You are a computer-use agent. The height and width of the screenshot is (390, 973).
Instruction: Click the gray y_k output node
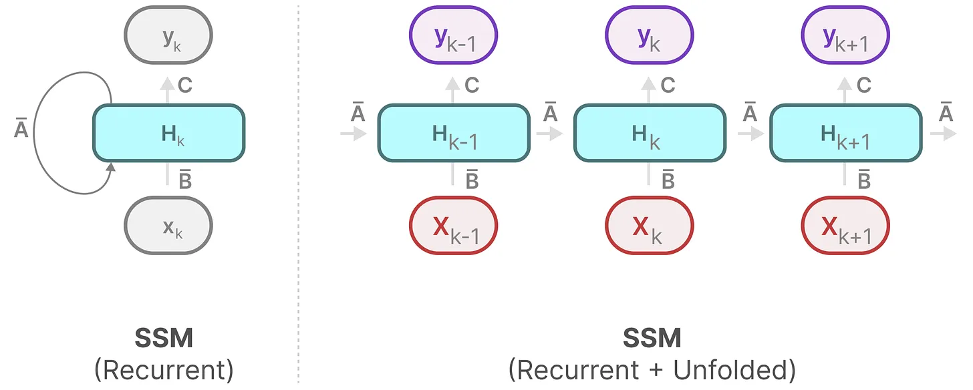tap(168, 37)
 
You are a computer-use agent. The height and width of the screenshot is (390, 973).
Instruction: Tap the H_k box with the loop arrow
tap(168, 133)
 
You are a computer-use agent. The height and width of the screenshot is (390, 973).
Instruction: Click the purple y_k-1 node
tap(454, 37)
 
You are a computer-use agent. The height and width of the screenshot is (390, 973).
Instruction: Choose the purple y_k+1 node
tap(845, 37)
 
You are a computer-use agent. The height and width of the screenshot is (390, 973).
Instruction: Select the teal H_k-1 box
tap(454, 133)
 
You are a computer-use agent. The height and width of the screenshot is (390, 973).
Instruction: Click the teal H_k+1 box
tap(845, 133)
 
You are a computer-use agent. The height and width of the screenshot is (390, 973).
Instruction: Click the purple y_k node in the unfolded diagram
tap(649, 37)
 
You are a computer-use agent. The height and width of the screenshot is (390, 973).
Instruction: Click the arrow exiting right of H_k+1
tap(943, 134)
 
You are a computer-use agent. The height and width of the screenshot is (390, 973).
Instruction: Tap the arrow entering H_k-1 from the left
tap(354, 134)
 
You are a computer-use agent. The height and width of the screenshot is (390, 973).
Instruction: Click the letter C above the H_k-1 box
tap(472, 85)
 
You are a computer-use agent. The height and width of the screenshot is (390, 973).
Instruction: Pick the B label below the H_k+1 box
tap(863, 180)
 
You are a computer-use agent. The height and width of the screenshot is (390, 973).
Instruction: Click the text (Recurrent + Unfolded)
tap(652, 369)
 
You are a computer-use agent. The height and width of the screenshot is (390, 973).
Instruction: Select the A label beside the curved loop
tap(21, 129)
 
